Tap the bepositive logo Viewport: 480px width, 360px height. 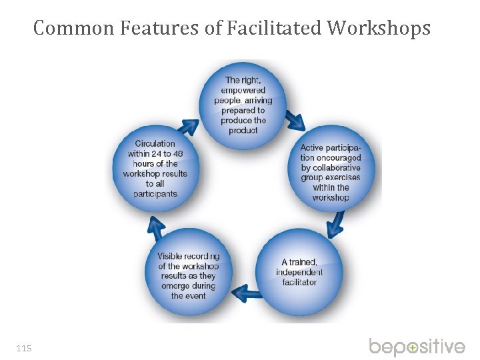pyautogui.click(x=417, y=347)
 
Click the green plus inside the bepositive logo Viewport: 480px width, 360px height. pyautogui.click(x=413, y=348)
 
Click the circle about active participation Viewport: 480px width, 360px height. pyautogui.click(x=331, y=171)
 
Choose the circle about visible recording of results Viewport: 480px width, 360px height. pyautogui.click(x=189, y=273)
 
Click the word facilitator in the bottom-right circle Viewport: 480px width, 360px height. pyautogui.click(x=299, y=282)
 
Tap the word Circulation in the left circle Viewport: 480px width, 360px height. pyautogui.click(x=155, y=143)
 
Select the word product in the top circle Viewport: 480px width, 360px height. pyautogui.click(x=243, y=131)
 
